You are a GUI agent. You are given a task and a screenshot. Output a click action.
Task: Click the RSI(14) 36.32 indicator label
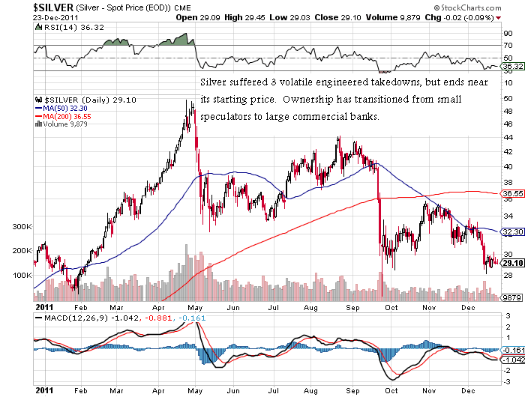69,27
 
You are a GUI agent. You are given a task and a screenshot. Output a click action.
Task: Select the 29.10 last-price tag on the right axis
512,263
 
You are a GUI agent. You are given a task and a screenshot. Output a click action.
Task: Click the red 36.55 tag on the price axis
511,194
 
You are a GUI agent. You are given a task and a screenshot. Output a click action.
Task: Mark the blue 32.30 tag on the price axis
511,232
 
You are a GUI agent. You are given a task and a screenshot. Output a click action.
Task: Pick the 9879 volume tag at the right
511,297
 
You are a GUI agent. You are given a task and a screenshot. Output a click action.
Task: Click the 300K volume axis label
22,226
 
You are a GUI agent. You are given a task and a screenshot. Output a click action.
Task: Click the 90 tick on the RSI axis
507,34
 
